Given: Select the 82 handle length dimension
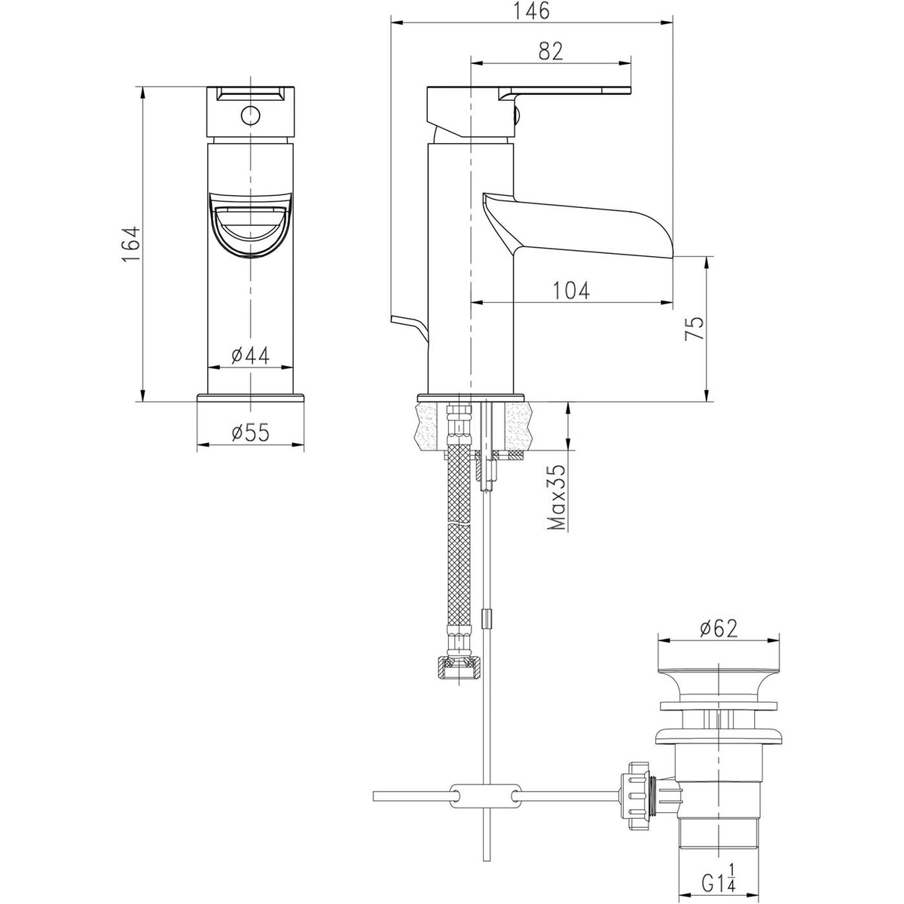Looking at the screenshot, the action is (x=551, y=51).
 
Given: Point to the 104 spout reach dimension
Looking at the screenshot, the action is (x=570, y=290).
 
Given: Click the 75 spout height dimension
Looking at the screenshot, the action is (x=695, y=328).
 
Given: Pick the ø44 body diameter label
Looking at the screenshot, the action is (x=251, y=356).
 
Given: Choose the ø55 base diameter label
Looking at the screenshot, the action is (x=251, y=432).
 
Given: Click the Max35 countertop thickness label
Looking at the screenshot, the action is (x=558, y=497).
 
